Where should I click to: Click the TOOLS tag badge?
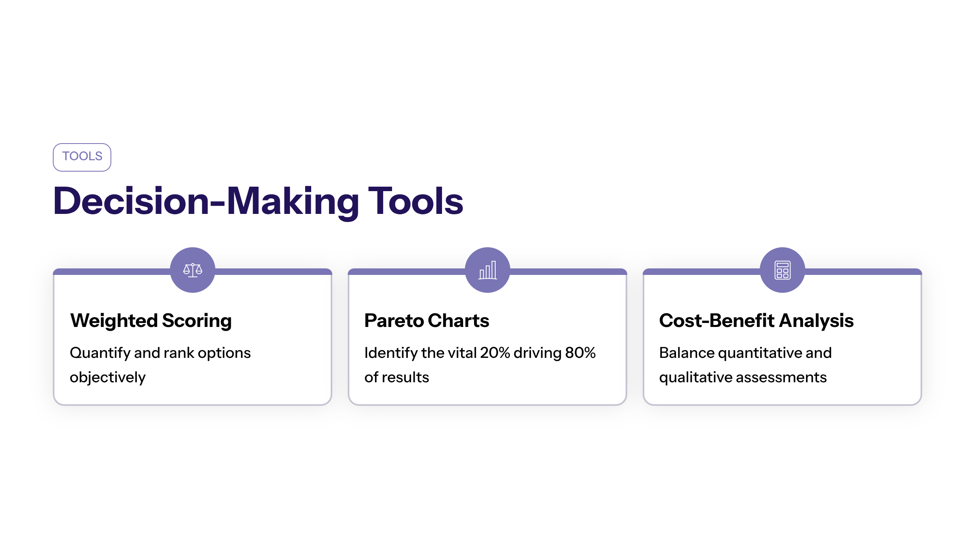[x=82, y=157]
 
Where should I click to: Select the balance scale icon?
[x=193, y=270]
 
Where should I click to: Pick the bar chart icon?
[x=487, y=270]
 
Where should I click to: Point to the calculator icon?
[x=782, y=270]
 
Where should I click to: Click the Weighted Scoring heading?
[x=151, y=321]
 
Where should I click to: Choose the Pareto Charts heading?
[x=427, y=320]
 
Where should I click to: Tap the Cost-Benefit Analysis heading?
[x=756, y=321]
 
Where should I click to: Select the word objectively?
[x=108, y=378]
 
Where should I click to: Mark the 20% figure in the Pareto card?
[x=495, y=353]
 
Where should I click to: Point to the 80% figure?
[x=581, y=353]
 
